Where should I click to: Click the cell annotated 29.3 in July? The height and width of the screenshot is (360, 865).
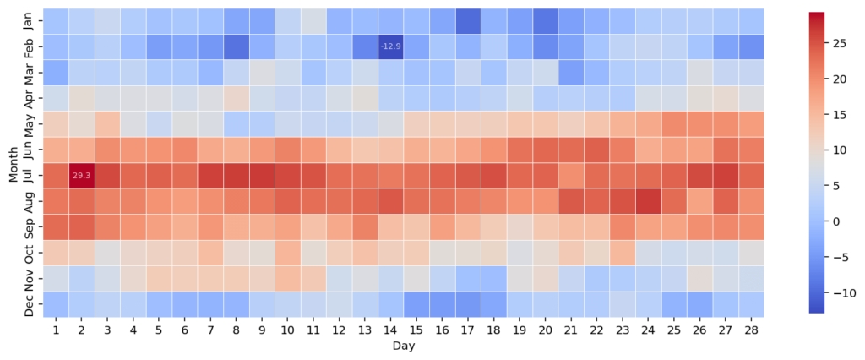tap(80, 176)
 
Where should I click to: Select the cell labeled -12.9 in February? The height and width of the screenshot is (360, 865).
tap(389, 46)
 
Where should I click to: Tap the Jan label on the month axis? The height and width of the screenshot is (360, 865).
tap(29, 21)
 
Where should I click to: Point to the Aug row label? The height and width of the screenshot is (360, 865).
tap(29, 201)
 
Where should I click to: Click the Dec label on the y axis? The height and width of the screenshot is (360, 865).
tap(29, 304)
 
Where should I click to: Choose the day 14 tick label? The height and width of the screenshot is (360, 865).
tap(389, 330)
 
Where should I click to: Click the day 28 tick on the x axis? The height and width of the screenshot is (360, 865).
tap(750, 330)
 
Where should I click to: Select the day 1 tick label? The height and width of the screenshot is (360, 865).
tap(55, 330)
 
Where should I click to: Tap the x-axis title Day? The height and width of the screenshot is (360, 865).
tap(402, 346)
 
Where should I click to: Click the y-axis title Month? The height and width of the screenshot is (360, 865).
tap(13, 162)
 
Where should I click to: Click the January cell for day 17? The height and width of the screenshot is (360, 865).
tap(467, 21)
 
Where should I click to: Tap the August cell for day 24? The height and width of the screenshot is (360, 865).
tap(647, 201)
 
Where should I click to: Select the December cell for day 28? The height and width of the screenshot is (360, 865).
tap(750, 304)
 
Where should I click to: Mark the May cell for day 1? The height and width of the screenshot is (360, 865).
tap(55, 124)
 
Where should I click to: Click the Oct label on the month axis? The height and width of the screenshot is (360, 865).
tap(29, 253)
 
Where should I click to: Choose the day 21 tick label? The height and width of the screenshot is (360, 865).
tap(570, 330)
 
